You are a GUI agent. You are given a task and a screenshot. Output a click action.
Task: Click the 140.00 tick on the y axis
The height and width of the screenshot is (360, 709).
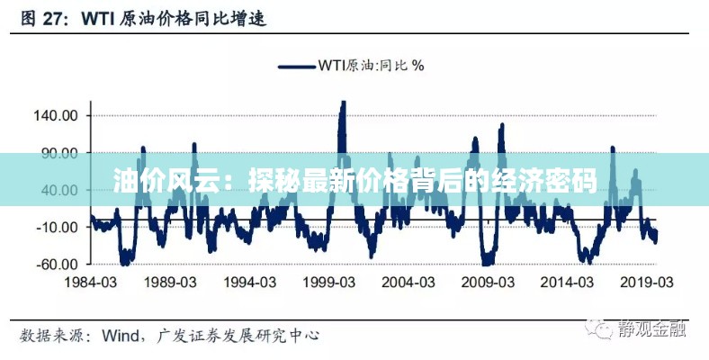[x=56, y=116]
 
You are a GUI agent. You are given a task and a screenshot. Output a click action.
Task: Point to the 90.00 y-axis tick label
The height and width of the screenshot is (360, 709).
[x=59, y=153]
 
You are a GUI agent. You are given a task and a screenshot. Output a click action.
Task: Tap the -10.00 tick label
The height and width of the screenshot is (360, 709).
[x=58, y=228]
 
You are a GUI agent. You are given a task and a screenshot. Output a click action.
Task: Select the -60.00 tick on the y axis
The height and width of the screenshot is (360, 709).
[x=58, y=265]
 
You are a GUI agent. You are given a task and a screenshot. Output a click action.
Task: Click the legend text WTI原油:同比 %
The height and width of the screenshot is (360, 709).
[x=371, y=64]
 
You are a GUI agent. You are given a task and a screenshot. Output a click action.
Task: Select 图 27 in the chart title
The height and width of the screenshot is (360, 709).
[x=44, y=18]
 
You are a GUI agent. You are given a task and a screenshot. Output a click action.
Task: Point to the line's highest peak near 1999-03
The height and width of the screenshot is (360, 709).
[x=342, y=103]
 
